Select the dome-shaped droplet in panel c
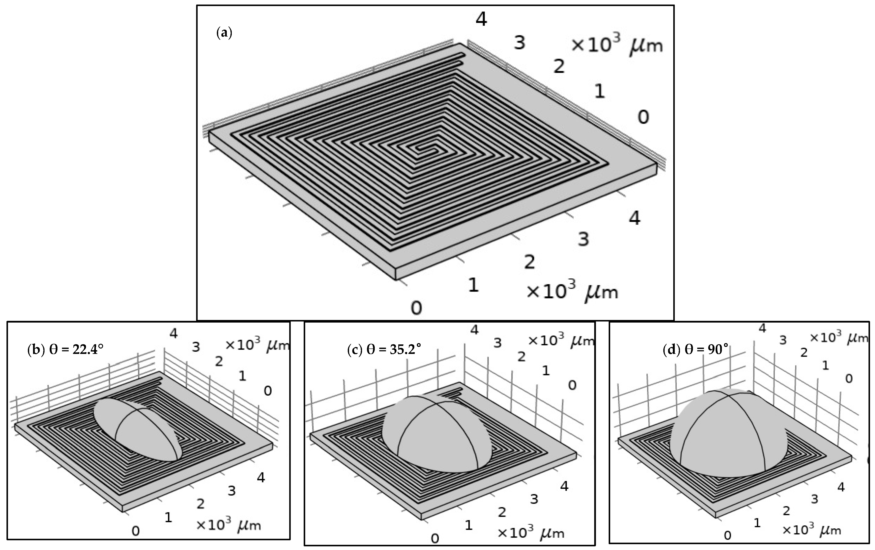point(436,435)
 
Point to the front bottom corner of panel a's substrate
point(395,279)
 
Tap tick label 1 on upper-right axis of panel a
point(599,91)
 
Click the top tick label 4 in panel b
point(174,333)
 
